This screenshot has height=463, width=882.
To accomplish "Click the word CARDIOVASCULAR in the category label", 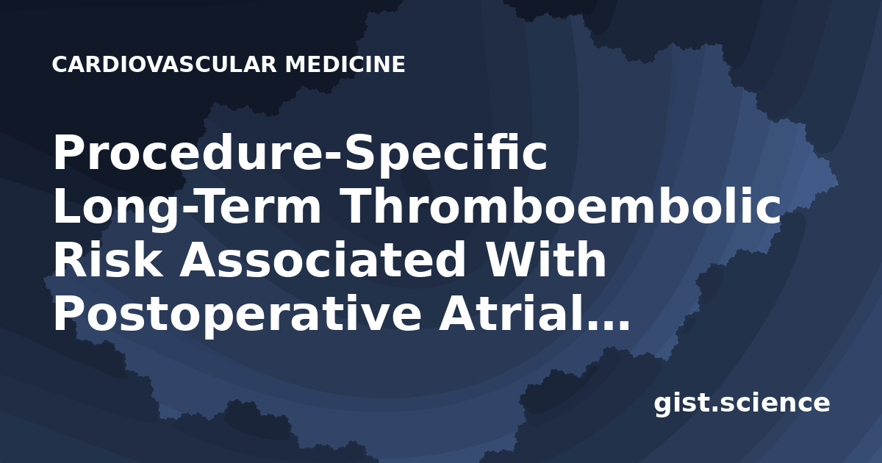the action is click(165, 65).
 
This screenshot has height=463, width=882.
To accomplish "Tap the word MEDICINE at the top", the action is click(345, 65).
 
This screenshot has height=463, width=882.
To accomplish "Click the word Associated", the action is click(322, 260).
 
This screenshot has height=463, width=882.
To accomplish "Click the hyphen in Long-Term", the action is click(191, 211).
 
